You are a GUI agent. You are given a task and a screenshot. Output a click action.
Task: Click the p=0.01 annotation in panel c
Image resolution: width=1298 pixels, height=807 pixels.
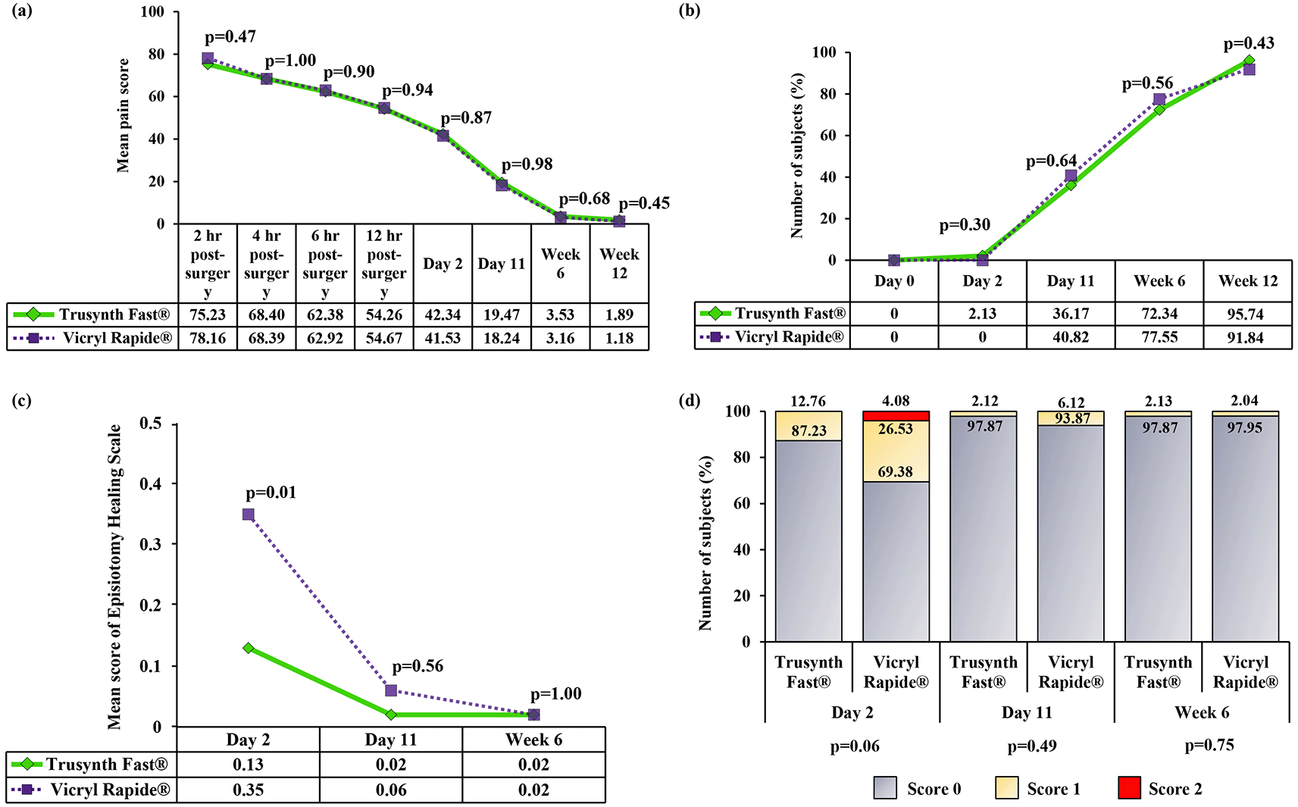[271, 493]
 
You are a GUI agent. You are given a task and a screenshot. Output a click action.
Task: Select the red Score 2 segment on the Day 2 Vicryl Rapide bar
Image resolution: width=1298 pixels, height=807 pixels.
[896, 416]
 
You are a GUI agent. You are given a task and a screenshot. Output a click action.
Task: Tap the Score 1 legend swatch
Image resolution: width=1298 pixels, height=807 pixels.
[1006, 788]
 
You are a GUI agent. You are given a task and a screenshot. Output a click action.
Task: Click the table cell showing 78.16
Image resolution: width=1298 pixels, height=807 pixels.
[208, 338]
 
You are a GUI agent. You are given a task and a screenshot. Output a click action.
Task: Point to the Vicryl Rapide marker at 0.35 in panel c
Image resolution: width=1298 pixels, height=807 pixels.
[249, 515]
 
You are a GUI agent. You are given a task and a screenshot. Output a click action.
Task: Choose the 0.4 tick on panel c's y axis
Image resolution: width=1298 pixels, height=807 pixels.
[151, 483]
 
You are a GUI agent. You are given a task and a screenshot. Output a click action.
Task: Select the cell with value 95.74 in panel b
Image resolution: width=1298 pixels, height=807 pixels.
[1246, 314]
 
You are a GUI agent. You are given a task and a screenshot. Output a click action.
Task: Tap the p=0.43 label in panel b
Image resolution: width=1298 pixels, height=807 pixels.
[1249, 43]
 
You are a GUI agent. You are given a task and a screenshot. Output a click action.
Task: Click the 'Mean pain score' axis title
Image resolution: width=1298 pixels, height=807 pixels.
[123, 116]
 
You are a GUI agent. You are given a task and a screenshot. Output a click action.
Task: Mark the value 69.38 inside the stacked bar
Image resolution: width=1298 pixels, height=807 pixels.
[895, 472]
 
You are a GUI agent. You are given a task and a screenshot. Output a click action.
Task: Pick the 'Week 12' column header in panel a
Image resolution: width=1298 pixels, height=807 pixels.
[619, 263]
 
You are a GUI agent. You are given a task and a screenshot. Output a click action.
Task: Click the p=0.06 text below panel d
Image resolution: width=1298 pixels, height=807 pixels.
[855, 746]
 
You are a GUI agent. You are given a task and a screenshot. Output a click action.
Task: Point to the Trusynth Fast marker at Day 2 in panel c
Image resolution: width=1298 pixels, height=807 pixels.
[249, 648]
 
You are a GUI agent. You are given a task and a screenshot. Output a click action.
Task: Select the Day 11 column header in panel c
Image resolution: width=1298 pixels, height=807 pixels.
[390, 740]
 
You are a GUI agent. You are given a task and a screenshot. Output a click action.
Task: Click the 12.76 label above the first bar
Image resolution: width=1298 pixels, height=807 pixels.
[808, 402]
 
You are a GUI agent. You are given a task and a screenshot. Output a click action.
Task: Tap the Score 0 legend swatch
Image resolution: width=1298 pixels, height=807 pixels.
[885, 788]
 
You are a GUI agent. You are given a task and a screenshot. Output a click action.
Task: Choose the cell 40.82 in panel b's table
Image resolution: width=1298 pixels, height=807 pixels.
[1070, 337]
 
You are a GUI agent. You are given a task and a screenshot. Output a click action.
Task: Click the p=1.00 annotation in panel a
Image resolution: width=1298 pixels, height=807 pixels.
[290, 61]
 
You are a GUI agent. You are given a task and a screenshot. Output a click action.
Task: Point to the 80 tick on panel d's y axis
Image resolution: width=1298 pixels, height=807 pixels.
[741, 458]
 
